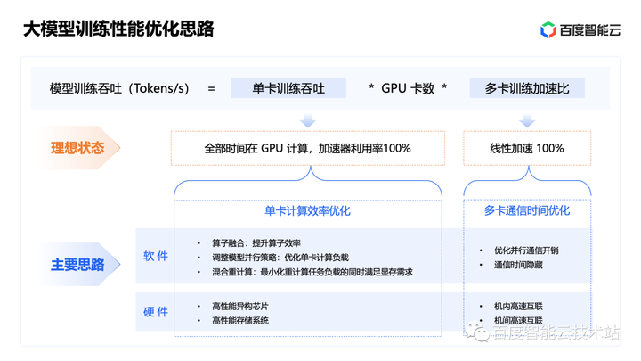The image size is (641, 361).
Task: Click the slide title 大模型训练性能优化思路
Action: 118,29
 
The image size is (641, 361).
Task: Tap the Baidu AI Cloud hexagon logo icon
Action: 548,30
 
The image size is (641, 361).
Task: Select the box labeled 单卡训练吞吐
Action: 288,88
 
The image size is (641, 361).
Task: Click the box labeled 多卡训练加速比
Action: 527,88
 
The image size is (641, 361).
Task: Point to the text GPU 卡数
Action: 408,88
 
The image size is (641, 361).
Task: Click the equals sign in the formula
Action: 211,88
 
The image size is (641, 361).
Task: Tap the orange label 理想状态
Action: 77,148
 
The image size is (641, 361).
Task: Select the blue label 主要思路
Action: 77,265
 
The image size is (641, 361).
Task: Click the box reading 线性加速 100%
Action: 527,148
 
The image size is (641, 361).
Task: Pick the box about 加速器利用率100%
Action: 307,148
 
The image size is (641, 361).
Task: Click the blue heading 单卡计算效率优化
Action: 307,211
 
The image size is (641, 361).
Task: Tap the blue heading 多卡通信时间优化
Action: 527,211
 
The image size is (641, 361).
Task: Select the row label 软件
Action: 156,256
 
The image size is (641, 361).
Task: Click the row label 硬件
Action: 156,312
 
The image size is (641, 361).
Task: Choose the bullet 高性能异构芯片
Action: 239,306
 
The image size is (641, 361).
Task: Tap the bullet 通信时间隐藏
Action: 518,265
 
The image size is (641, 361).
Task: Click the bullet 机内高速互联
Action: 518,306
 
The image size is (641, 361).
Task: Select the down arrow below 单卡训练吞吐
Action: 307,119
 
